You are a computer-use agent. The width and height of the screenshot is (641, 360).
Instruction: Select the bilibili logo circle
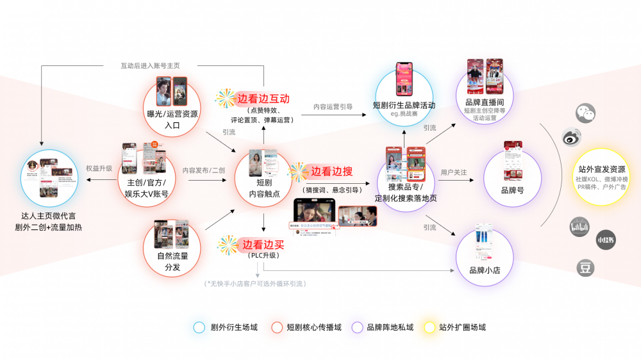tap(579, 227)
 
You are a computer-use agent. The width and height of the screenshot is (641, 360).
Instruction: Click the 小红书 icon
tap(605, 240)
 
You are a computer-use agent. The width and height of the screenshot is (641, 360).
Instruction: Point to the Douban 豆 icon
tap(585, 268)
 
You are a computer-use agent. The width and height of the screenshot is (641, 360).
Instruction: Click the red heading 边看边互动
tap(263, 99)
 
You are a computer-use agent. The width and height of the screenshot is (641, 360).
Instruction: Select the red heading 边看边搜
tap(332, 172)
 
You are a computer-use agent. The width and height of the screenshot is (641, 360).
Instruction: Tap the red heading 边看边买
tap(263, 244)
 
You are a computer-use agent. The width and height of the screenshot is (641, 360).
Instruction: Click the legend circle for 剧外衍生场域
tap(199, 327)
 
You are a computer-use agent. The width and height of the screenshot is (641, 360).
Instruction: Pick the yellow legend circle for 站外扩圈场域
tap(429, 327)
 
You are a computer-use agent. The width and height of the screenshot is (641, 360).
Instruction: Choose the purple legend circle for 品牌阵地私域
tap(357, 327)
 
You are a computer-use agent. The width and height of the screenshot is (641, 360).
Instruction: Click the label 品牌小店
tap(485, 270)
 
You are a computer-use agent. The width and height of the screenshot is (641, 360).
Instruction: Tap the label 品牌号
tap(512, 190)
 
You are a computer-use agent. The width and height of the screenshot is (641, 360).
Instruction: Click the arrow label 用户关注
tap(454, 172)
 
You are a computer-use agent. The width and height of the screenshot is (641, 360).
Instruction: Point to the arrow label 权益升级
tap(99, 168)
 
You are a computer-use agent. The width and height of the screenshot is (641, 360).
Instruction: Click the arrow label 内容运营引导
tap(333, 106)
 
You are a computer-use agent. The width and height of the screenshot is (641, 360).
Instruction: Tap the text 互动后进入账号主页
tap(150, 65)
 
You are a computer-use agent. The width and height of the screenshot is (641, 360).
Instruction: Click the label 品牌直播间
tap(485, 102)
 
